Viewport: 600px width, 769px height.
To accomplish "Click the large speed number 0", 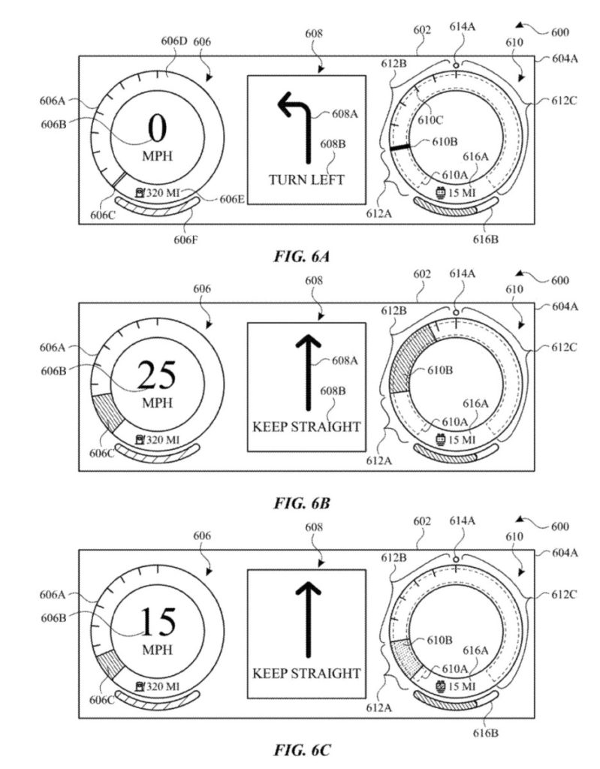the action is point(158,128).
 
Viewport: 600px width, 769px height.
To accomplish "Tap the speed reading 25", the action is point(157,375).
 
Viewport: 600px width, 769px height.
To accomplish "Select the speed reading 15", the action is point(158,622).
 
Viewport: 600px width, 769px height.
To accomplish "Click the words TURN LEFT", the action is point(306,179).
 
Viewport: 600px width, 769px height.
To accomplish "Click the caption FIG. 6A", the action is point(301,256).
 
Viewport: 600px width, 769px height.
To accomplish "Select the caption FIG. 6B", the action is point(301,502).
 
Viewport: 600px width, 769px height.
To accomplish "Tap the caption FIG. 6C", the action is point(301,750).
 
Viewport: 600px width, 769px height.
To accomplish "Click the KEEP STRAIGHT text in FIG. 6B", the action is point(306,427).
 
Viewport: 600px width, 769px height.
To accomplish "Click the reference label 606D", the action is point(174,41).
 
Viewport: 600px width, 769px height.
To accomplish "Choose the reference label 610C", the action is point(430,120).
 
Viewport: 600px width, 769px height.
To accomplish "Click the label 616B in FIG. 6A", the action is point(486,240).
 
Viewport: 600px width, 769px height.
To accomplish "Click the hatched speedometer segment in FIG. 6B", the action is point(107,410).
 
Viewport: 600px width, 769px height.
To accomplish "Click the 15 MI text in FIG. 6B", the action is point(462,439).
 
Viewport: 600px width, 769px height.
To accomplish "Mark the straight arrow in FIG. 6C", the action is point(308,620).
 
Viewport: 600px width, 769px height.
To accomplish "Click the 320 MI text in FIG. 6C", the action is point(163,686).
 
